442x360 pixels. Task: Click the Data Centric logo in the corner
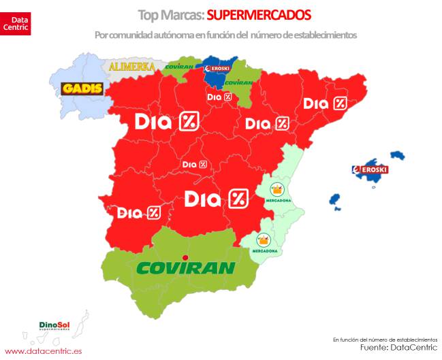click(15, 18)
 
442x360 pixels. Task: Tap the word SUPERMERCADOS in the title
click(258, 14)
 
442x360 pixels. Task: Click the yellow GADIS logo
click(82, 89)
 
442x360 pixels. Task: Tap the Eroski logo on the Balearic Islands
click(369, 169)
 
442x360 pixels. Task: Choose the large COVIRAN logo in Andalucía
click(186, 267)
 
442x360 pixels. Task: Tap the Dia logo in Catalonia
click(325, 103)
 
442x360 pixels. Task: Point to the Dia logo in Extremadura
click(139, 212)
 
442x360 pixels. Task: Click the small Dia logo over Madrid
click(195, 165)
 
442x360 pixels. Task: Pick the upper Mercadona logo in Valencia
click(279, 193)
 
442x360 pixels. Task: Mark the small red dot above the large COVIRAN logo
click(176, 257)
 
